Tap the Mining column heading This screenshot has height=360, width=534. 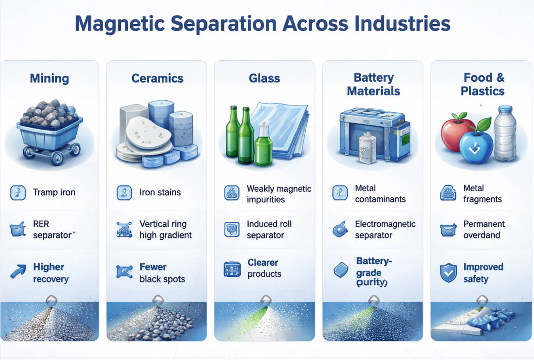[49, 78]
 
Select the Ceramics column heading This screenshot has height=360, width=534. [158, 78]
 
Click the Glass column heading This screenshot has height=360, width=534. [264, 78]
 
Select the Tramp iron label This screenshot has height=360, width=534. [54, 192]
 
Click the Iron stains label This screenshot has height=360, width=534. [160, 192]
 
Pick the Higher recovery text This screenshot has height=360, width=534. [50, 273]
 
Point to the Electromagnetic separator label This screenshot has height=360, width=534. [385, 229]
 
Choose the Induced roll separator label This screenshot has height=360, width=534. [269, 229]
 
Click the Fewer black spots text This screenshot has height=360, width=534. [162, 273]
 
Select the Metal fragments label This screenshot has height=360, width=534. [482, 194]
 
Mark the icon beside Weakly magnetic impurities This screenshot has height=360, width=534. [231, 193]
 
